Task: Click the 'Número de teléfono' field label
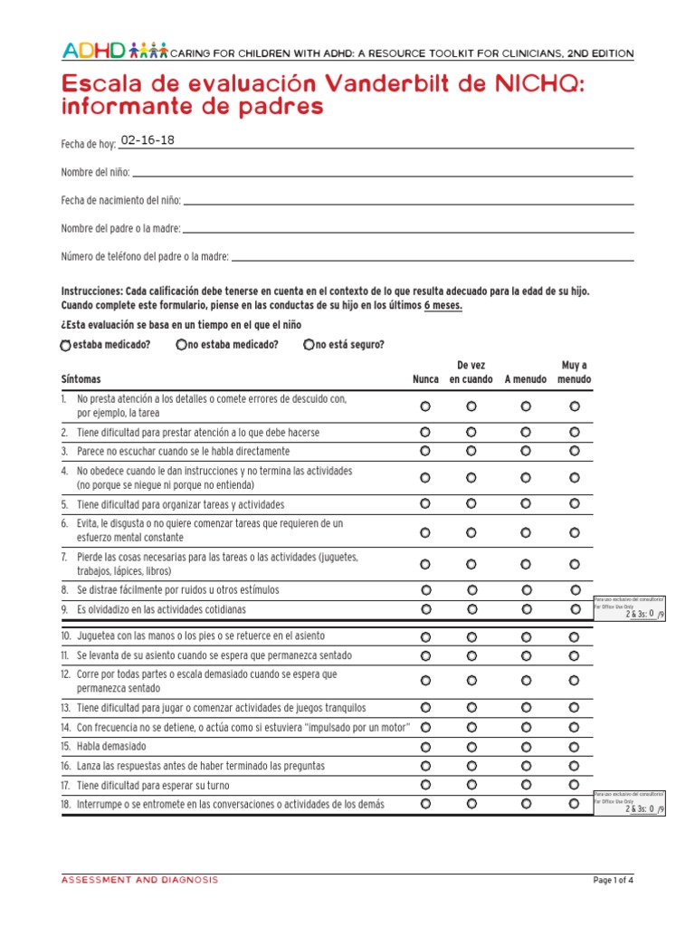[145, 257]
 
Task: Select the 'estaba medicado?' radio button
[65, 345]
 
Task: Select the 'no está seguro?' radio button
[309, 344]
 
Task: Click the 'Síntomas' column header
[81, 379]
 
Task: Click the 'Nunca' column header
[425, 379]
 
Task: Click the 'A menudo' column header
[526, 379]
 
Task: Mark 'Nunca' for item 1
[425, 406]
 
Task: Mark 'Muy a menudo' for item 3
[575, 451]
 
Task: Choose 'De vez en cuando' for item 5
[471, 503]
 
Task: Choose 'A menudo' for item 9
[527, 609]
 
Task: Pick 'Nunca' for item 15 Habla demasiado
[425, 747]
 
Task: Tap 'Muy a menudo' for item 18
[575, 803]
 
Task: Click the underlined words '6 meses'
[443, 306]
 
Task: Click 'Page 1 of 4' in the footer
[614, 880]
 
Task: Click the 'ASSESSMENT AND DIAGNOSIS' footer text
[139, 880]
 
